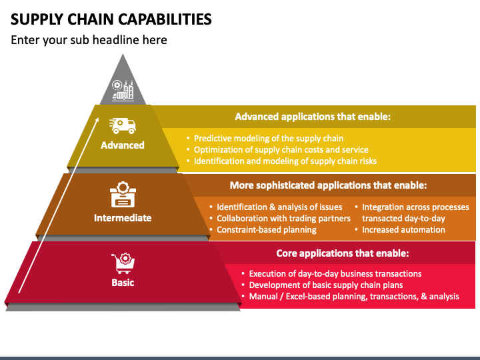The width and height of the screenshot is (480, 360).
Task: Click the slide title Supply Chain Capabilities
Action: click(111, 19)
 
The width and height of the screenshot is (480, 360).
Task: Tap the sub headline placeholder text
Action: click(89, 40)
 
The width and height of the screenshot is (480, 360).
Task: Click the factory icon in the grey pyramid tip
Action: click(123, 90)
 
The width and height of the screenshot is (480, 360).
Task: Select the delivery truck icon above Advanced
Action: click(123, 126)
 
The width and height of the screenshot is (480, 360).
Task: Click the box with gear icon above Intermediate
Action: click(123, 195)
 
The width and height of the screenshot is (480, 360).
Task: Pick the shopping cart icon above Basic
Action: click(123, 263)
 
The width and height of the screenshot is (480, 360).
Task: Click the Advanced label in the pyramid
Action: click(123, 145)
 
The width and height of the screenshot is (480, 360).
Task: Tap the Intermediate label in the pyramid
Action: click(123, 218)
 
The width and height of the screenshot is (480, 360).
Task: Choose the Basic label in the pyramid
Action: click(123, 283)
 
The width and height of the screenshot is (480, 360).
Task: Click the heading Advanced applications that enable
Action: click(313, 117)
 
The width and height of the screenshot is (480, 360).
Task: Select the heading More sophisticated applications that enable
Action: click(328, 185)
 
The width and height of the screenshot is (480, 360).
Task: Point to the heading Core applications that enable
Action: click(343, 253)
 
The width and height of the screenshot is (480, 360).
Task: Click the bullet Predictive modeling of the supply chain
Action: click(269, 139)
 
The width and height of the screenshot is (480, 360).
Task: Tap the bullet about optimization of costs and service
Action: click(281, 150)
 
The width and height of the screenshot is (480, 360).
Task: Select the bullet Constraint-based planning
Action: click(266, 229)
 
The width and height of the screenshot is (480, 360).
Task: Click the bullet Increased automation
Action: click(403, 229)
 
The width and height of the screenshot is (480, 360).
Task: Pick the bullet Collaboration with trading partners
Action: click(283, 218)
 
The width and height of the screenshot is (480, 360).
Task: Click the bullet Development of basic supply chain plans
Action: click(326, 285)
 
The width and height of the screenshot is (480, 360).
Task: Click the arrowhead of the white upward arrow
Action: click(97, 120)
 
